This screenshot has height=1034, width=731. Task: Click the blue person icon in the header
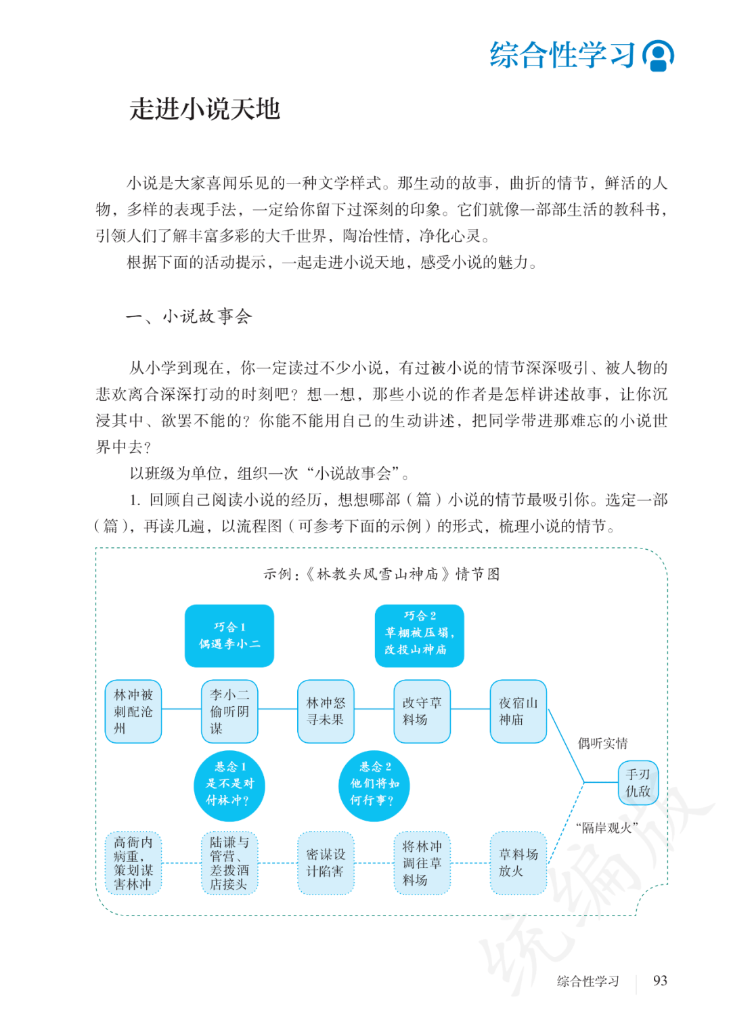[658, 56]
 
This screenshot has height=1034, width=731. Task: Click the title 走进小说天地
[205, 109]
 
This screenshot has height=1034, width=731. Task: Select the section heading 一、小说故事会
[189, 316]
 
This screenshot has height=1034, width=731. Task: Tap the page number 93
[660, 981]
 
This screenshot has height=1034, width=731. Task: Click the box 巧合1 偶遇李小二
[229, 636]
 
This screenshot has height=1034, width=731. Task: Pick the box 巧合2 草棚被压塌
[420, 636]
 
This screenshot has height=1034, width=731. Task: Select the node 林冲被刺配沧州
[133, 711]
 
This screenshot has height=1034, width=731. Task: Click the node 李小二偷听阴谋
[229, 711]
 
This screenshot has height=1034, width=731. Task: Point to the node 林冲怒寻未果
[326, 711]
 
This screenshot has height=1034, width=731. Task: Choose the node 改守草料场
[422, 711]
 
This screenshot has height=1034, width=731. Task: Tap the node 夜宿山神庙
[518, 711]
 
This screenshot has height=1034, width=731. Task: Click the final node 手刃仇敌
[638, 783]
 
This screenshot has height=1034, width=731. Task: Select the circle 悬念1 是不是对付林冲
[229, 785]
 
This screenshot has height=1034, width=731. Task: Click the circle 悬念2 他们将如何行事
[374, 785]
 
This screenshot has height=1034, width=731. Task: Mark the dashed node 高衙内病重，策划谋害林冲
[133, 863]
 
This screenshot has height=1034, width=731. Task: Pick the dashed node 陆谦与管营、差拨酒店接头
[229, 863]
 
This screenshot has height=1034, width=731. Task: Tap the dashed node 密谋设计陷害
[326, 863]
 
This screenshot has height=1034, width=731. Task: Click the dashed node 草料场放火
[518, 863]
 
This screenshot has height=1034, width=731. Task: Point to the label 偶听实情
[602, 744]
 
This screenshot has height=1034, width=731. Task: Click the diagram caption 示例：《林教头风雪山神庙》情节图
[382, 574]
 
